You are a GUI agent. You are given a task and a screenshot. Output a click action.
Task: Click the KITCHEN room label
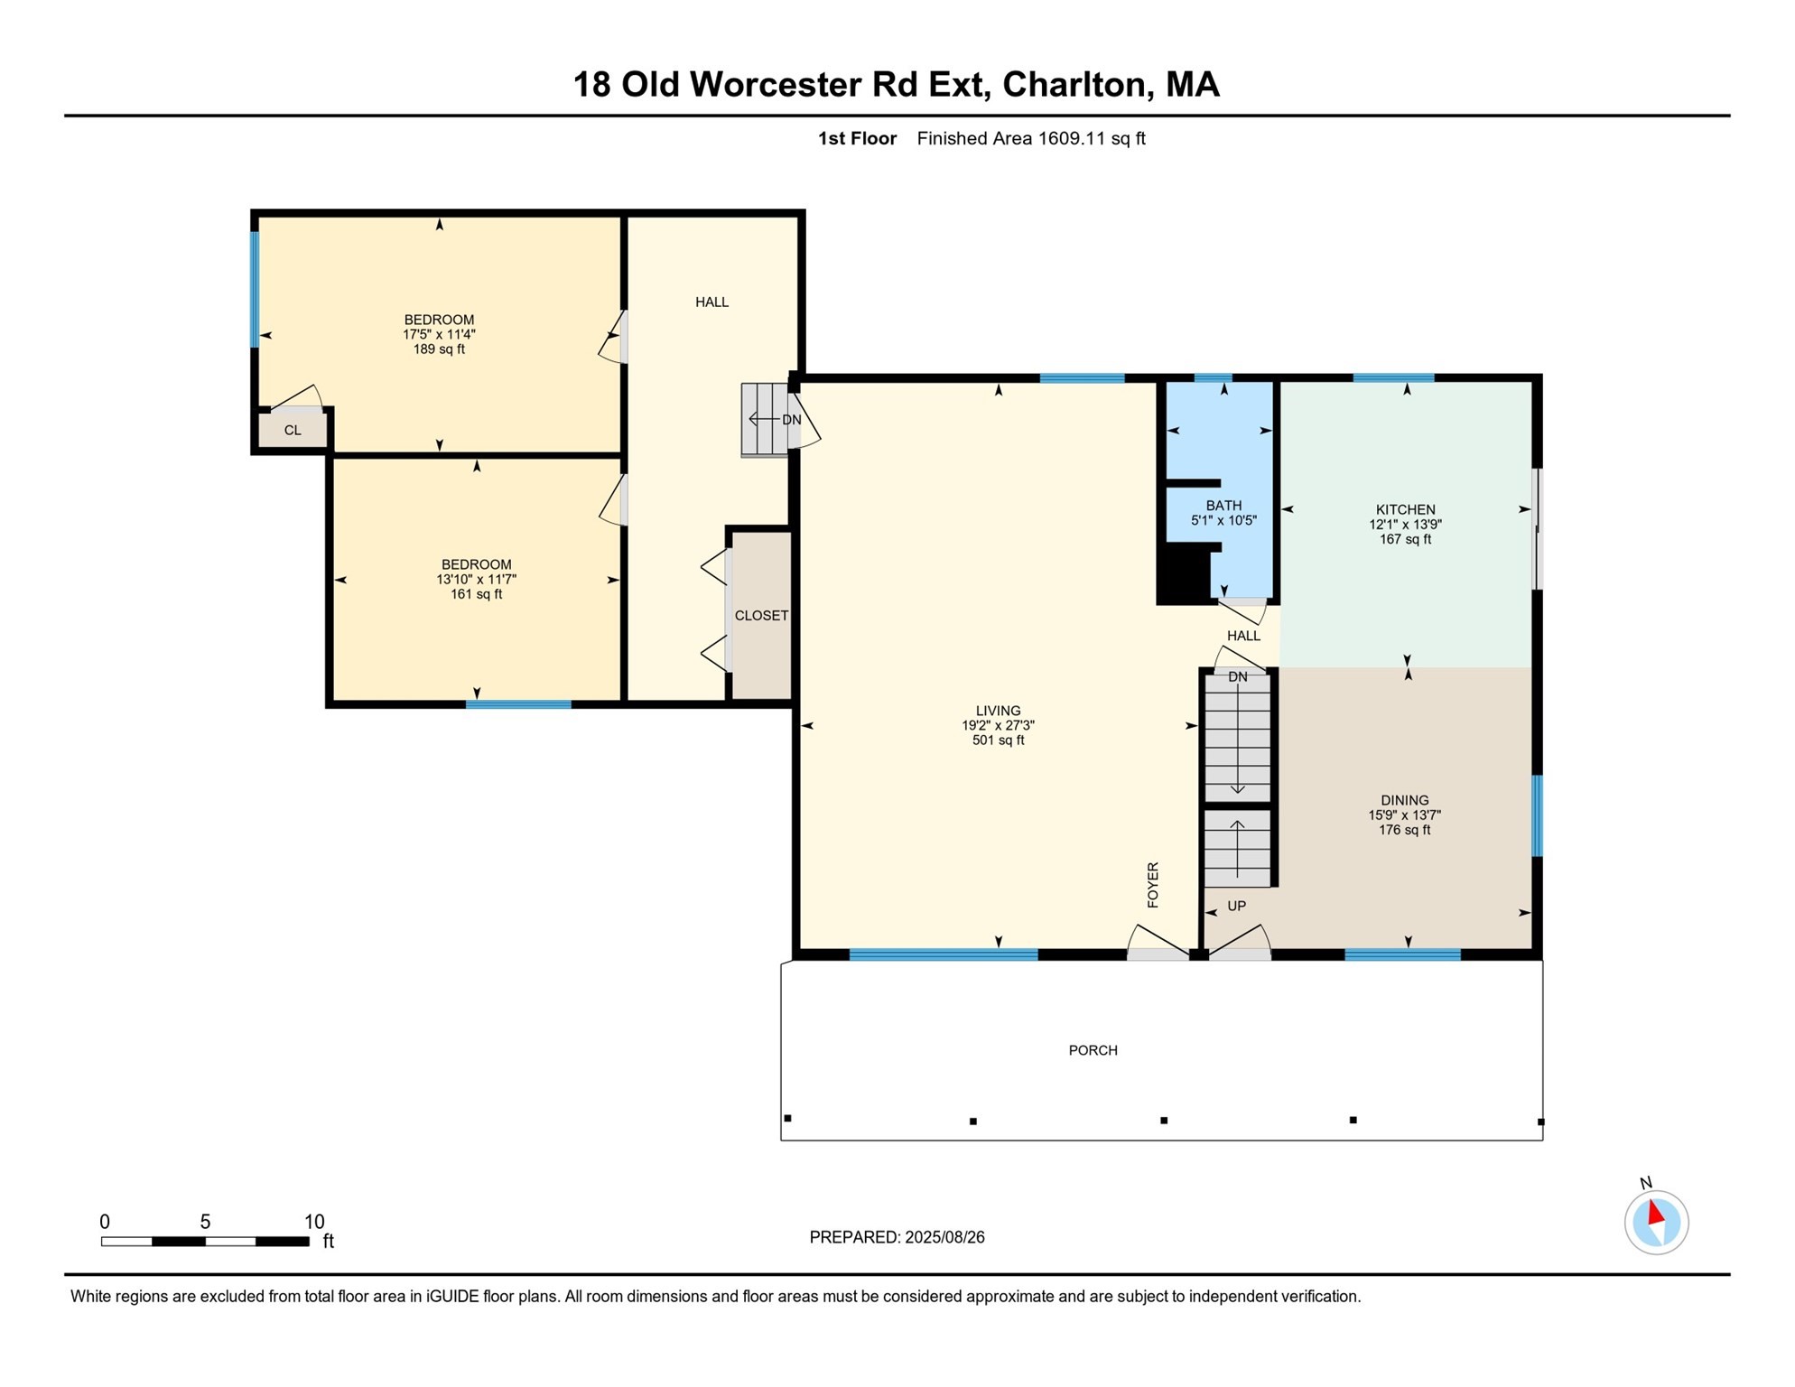(1405, 509)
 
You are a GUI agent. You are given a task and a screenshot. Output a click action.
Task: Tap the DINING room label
(1404, 800)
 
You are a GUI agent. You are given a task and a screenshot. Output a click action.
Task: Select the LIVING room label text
(998, 711)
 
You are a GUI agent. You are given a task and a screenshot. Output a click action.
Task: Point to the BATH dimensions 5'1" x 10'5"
(1223, 520)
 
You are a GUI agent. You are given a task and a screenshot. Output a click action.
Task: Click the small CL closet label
(293, 431)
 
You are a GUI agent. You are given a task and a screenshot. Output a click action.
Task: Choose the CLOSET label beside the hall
(761, 616)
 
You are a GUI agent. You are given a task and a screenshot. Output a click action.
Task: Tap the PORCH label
(1093, 1050)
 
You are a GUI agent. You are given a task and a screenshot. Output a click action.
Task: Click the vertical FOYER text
(1153, 885)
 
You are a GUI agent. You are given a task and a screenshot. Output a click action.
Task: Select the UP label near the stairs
(1236, 906)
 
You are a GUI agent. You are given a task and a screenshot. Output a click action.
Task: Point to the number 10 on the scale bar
(313, 1222)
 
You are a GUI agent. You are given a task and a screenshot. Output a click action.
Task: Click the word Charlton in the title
(1074, 84)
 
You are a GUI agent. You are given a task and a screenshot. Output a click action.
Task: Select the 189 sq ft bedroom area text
(439, 349)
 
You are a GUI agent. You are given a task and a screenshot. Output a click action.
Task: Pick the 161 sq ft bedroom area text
(476, 594)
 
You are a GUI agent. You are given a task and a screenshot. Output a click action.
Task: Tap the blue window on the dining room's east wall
(1537, 815)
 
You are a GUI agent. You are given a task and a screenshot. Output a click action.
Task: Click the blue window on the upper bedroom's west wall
(255, 289)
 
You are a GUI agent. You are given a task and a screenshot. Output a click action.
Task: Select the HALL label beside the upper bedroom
(711, 302)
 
